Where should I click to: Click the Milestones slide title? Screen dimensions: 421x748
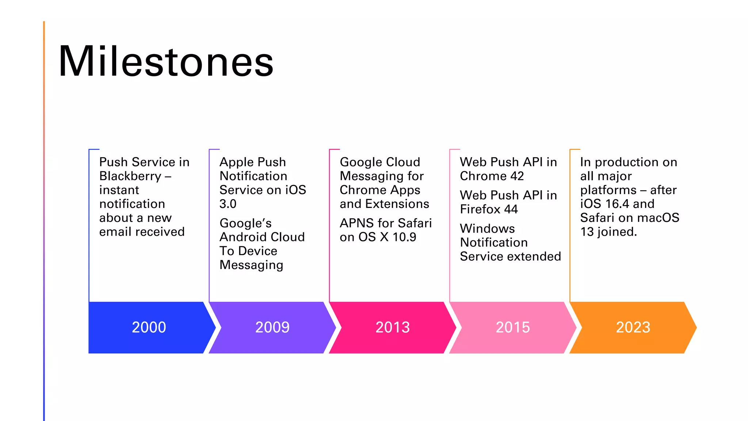coord(166,61)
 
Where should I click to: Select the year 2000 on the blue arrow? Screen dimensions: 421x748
coord(149,327)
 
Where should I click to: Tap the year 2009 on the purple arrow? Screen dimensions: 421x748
coord(272,327)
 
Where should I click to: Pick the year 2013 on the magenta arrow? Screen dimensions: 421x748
coord(393,327)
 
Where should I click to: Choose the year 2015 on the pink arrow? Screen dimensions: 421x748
coord(512,327)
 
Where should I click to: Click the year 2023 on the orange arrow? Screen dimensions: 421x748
coord(633,327)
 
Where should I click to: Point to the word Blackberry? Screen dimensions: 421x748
coord(130,176)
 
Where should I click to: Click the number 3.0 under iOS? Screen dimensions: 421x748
coord(228,204)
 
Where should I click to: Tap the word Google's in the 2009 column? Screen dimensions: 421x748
coord(245,223)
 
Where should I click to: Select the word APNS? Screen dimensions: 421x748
coord(357,223)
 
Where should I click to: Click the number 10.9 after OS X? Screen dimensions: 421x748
coord(404,237)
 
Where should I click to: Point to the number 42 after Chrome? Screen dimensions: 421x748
coord(517,176)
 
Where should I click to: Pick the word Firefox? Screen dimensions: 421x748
coord(480,209)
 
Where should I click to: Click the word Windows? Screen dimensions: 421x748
coord(487,229)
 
